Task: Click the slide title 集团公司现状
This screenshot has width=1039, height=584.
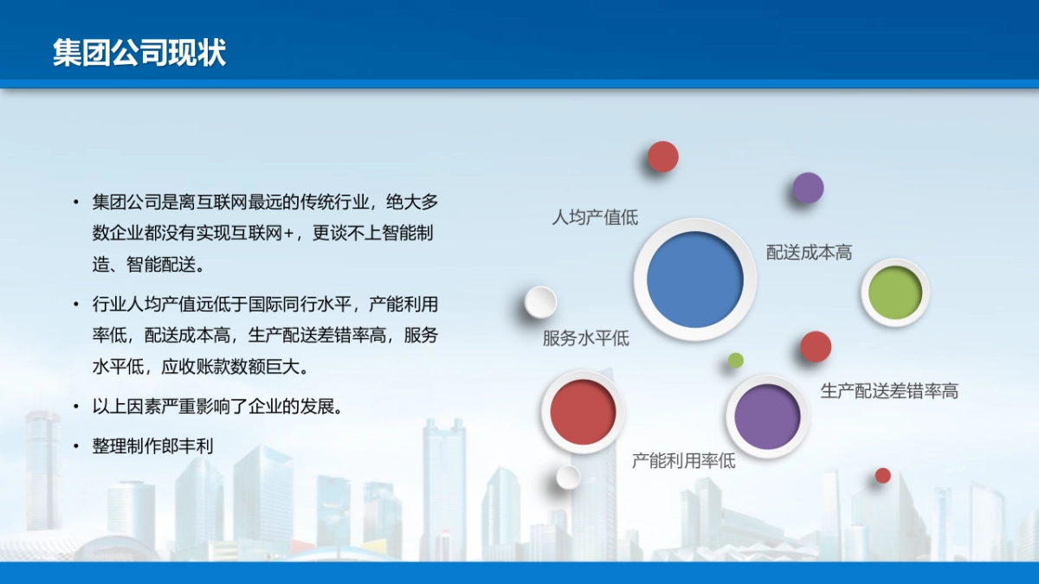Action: click(139, 52)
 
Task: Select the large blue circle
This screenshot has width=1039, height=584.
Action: click(695, 279)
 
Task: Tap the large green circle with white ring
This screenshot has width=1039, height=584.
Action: click(894, 292)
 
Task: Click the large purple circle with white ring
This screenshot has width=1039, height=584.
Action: click(766, 416)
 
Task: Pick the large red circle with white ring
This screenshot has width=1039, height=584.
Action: click(583, 412)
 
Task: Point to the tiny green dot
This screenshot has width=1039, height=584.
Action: click(735, 360)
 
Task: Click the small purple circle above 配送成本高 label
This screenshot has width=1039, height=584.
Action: click(808, 188)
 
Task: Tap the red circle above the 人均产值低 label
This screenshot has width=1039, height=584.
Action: click(662, 157)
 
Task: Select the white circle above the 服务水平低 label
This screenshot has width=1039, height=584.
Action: click(540, 302)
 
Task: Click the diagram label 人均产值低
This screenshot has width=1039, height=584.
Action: click(595, 217)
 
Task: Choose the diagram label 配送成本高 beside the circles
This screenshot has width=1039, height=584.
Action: click(809, 253)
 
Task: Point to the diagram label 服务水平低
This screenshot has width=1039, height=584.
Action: click(585, 338)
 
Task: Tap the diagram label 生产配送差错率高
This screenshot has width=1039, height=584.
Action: click(889, 391)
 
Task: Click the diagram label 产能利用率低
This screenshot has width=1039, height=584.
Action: click(683, 460)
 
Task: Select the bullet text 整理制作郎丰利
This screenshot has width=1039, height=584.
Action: click(152, 446)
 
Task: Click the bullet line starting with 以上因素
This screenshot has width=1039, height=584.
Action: click(217, 406)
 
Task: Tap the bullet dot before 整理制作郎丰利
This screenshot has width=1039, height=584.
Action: click(76, 446)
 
